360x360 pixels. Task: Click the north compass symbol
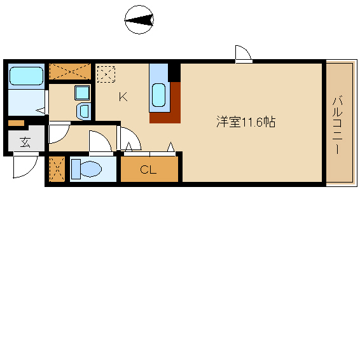[x=139, y=20]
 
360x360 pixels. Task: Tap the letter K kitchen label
[x=123, y=97]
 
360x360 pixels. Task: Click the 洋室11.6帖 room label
[x=246, y=121]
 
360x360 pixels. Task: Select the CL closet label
[x=148, y=170]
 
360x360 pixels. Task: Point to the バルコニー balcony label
[x=337, y=125]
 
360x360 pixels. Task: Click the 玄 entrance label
[x=25, y=142]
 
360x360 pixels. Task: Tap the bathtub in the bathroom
[x=27, y=76]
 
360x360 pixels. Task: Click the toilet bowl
[x=92, y=169]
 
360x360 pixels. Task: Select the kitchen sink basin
[x=158, y=95]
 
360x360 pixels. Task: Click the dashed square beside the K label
[x=106, y=74]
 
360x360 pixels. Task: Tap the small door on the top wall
[x=244, y=54]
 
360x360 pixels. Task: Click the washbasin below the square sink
[x=83, y=111]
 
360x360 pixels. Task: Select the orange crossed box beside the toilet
[x=57, y=169]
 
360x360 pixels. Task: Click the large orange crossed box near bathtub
[x=70, y=71]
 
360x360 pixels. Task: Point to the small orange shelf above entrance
[x=16, y=123]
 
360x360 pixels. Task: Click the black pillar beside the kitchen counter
[x=174, y=73]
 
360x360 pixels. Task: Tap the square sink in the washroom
[x=82, y=93]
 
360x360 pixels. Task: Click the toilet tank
[x=76, y=169]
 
